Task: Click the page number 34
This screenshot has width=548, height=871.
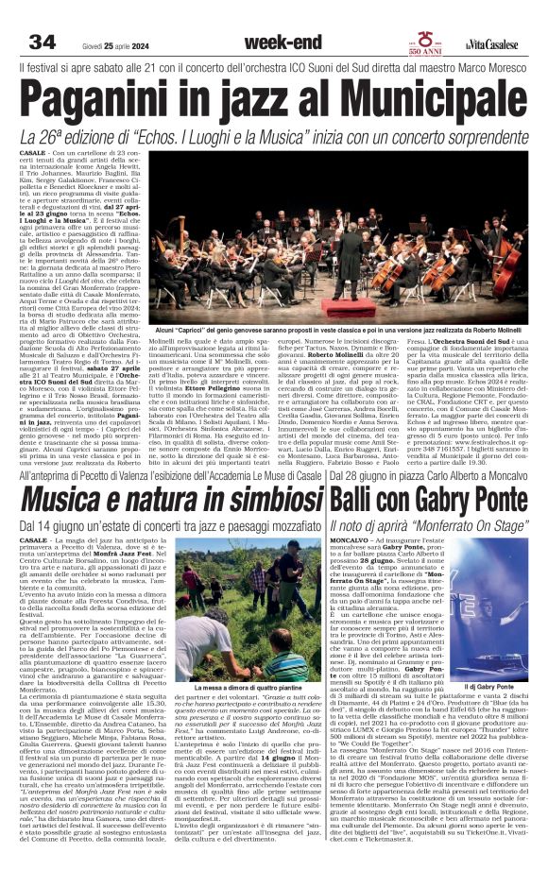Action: (x=42, y=41)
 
